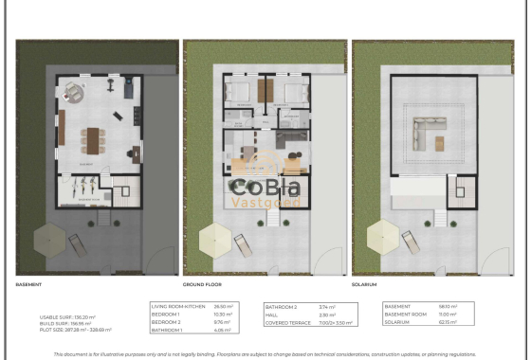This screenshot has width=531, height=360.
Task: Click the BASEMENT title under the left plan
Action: tap(29, 283)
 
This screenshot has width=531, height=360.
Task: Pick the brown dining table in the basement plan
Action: tap(93, 139)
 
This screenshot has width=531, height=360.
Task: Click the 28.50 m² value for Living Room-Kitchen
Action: tap(222, 306)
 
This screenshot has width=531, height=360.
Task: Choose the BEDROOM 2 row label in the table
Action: tap(168, 321)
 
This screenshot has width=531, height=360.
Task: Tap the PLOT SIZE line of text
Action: tap(76, 330)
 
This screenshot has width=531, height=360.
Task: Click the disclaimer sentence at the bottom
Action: tap(265, 352)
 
